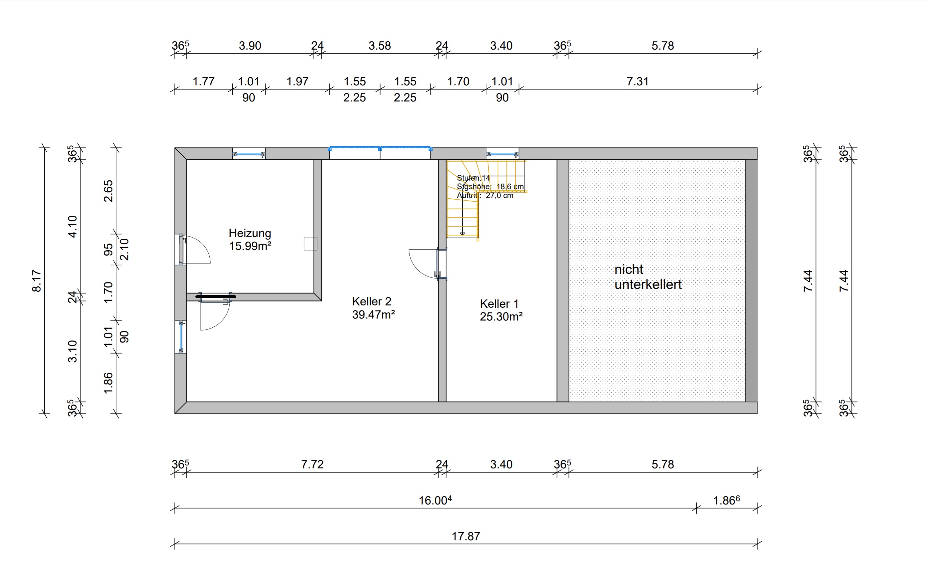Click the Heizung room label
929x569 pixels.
point(250,233)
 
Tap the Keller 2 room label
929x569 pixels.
point(371,301)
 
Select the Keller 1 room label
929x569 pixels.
point(499,304)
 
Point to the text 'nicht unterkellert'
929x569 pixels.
point(648,277)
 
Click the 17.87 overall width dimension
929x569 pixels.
point(466,536)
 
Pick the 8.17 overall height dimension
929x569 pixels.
point(36,281)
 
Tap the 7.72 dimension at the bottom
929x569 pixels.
point(312,464)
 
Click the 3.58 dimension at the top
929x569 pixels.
point(380,46)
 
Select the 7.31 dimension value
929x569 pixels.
point(638,81)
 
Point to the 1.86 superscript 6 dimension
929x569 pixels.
point(727,500)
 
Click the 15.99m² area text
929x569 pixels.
point(250,246)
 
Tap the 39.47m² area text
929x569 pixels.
point(373,314)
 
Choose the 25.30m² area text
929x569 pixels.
point(501,317)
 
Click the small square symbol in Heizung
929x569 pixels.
point(310,243)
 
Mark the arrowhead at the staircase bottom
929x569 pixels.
point(462,234)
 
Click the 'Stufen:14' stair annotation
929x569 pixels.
point(473,178)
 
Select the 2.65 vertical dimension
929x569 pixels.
point(108,191)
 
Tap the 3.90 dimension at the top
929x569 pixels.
point(250,46)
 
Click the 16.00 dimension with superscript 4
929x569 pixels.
point(435,500)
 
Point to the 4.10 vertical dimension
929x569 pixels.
point(72,227)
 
